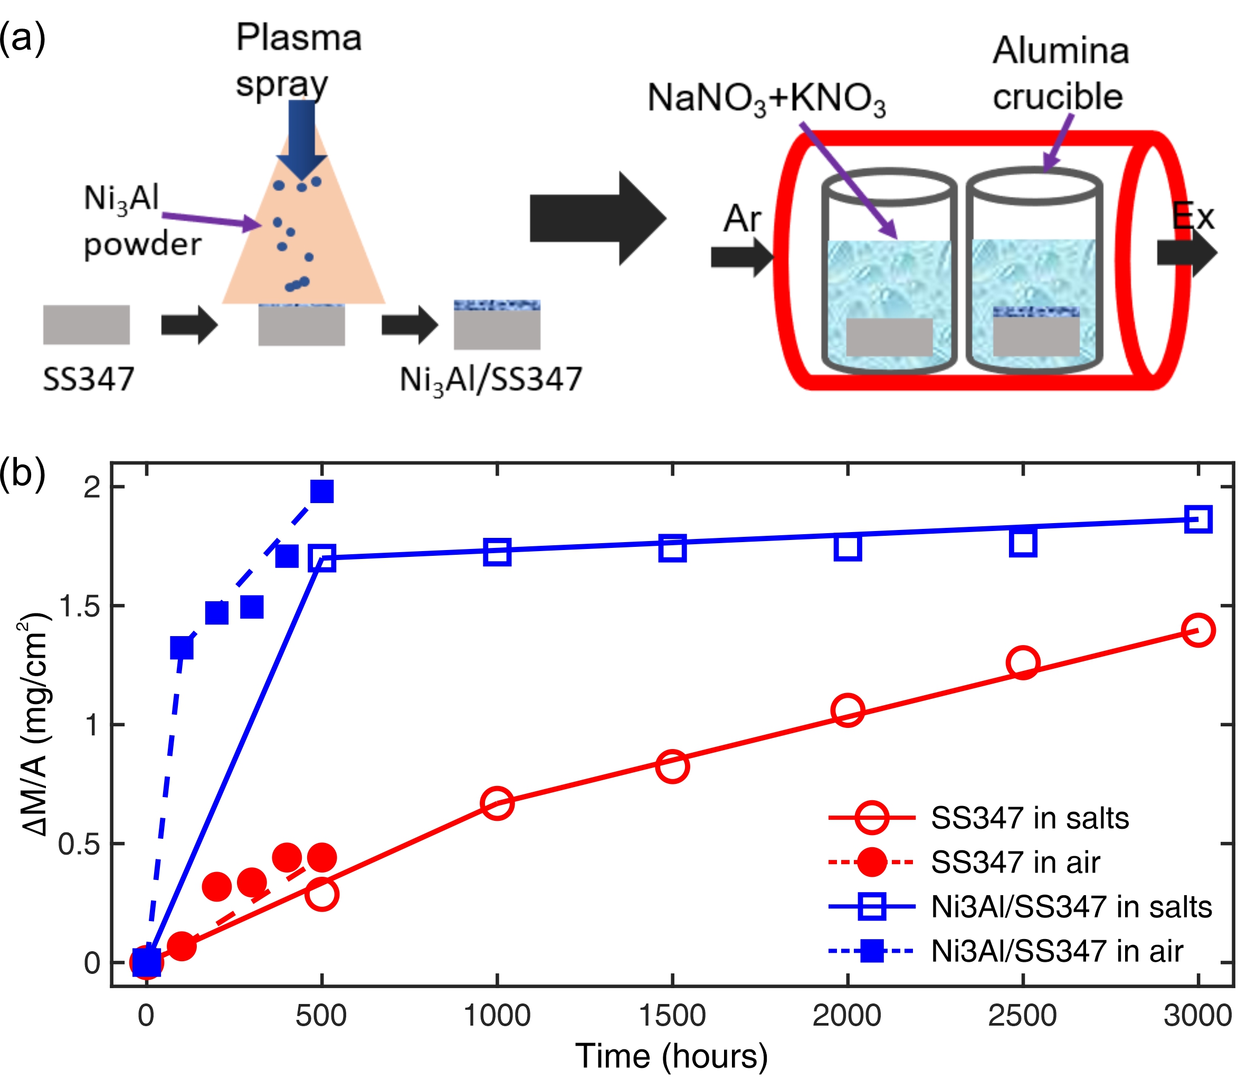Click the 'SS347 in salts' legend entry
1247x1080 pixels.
[1029, 818]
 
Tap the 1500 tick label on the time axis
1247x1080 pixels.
[672, 1016]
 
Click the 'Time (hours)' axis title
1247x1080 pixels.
[672, 1056]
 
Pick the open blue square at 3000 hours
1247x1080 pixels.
[1198, 519]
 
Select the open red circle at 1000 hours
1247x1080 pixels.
[497, 803]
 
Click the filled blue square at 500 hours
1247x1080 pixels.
[322, 492]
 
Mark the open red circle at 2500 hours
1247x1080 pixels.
[1023, 663]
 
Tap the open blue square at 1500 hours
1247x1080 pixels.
[672, 548]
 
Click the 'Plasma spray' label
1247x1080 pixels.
[298, 60]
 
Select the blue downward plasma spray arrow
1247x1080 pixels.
[302, 139]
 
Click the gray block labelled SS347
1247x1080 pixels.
[87, 324]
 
